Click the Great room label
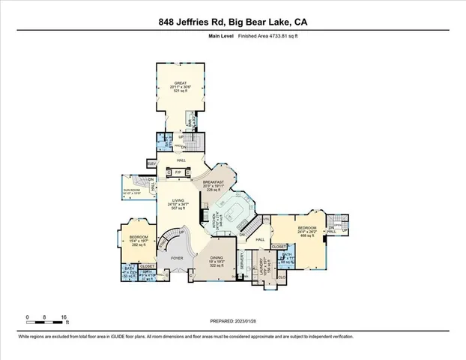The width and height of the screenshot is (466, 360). [180, 84]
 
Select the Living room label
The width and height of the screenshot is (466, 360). [178, 200]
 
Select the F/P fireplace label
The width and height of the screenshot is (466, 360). [178, 172]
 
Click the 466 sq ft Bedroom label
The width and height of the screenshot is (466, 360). [306, 228]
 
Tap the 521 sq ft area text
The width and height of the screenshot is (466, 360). [180, 92]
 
